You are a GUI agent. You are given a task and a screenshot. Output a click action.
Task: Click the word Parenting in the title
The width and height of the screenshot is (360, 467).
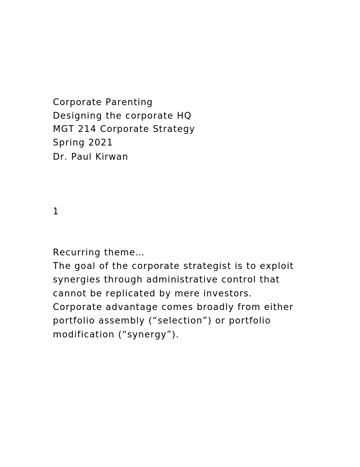(x=129, y=102)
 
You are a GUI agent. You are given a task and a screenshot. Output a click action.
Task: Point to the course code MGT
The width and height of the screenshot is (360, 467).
(x=63, y=129)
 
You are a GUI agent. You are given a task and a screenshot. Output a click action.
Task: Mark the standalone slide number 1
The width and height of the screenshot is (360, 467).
(x=56, y=212)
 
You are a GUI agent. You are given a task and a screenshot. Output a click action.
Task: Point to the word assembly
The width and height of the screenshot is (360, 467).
(x=121, y=321)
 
